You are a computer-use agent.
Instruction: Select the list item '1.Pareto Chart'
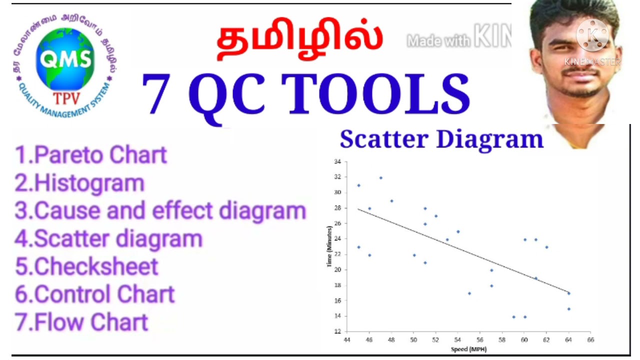tap(91, 155)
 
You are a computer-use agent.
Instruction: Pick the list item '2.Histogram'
tap(79, 183)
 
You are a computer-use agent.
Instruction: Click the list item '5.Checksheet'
tap(86, 266)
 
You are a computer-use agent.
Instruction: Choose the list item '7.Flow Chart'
tap(81, 321)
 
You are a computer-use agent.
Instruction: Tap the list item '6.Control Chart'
tap(94, 294)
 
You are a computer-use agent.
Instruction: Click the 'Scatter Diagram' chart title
tap(441, 139)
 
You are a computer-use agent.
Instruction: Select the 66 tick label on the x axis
tap(590, 339)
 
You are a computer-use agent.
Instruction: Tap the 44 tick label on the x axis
tap(347, 339)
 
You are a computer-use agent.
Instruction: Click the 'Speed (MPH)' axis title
tap(468, 349)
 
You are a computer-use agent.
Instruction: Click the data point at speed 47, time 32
tap(380, 177)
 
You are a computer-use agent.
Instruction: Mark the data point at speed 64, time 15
tap(568, 309)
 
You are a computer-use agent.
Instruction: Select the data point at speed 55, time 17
tap(469, 293)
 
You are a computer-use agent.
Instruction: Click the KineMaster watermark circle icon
tap(592, 35)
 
